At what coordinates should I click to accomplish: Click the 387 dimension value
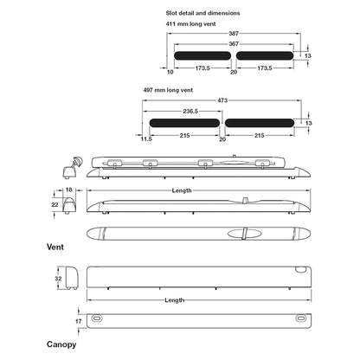coord(234,33)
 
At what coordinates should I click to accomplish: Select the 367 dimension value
coord(234,44)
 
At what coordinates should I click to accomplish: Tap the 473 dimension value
coord(222,100)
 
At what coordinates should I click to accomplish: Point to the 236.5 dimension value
coord(190,111)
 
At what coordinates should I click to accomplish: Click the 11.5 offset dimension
coord(146,139)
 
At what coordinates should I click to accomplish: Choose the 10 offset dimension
coord(170,72)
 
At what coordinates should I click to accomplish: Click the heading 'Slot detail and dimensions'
coord(202,13)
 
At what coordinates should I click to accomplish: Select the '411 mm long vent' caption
coord(190,24)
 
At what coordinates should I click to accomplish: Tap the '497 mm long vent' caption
coord(168,90)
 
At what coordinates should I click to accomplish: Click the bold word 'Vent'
coord(55,247)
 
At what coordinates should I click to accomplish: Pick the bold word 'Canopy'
coord(61,344)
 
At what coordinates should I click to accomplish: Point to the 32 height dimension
coord(58,279)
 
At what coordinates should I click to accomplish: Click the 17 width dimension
coord(79,321)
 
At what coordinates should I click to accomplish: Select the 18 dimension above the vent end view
coord(68,190)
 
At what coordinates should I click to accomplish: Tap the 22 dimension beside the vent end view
coord(55,204)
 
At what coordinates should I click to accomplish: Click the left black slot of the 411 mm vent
coord(202,55)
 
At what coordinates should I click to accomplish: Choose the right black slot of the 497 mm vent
coord(260,123)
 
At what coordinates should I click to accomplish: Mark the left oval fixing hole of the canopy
coord(97,318)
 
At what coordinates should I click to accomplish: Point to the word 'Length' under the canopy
coord(175,300)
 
